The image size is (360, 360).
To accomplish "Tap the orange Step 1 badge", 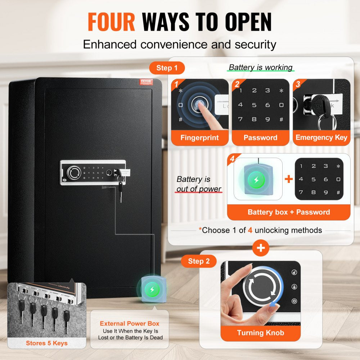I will pyautogui.click(x=167, y=68).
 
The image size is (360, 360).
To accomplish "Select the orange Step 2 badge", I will pyautogui.click(x=198, y=261).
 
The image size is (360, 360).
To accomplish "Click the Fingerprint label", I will pyautogui.click(x=200, y=138).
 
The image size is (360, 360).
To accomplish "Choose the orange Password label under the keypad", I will pyautogui.click(x=260, y=138).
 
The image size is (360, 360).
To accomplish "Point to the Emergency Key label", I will pyautogui.click(x=321, y=138).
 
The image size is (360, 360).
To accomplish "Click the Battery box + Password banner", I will pyautogui.click(x=288, y=212).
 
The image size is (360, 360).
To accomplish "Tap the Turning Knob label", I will pyautogui.click(x=260, y=333).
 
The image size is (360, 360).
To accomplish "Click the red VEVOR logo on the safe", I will pyautogui.click(x=146, y=82).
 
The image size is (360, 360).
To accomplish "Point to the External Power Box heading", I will pyautogui.click(x=130, y=324).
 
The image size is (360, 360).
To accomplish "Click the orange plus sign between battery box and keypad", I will pyautogui.click(x=289, y=179).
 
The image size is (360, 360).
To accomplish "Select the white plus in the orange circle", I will pyautogui.click(x=261, y=248).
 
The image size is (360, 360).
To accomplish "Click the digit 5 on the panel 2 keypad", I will pyautogui.click(x=254, y=105).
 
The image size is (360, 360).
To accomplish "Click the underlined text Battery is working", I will pyautogui.click(x=261, y=67).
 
